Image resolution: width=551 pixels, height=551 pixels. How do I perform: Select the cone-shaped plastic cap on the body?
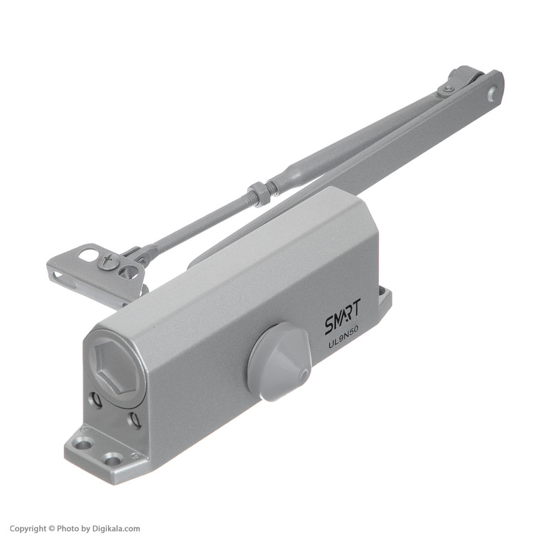(280, 362)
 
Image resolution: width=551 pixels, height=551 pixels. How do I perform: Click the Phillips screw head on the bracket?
(107, 261)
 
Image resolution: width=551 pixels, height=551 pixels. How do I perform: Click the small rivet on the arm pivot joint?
(447, 90)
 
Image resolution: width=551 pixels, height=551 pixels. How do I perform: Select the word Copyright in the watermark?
(28, 528)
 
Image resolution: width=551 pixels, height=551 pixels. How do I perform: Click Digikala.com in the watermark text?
(116, 528)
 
